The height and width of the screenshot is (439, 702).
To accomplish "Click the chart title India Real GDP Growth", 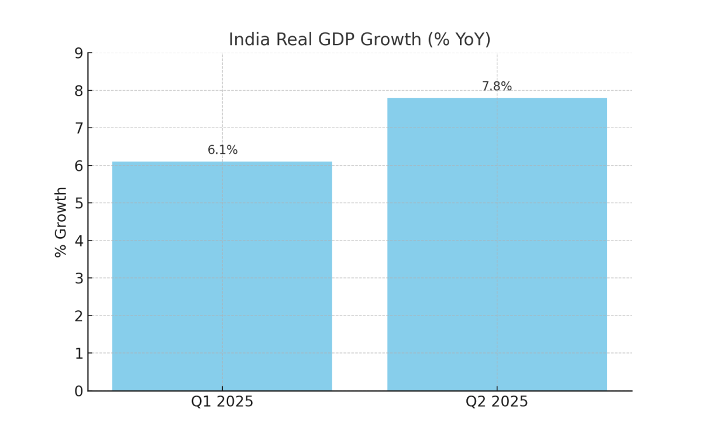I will click(359, 40).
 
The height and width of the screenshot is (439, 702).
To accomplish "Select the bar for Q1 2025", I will click(222, 276).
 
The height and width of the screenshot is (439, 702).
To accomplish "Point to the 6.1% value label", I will click(222, 150).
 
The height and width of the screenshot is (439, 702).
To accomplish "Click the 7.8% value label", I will click(497, 87).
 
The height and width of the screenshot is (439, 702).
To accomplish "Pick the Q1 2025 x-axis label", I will click(222, 402).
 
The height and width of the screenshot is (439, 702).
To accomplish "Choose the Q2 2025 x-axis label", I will click(497, 402).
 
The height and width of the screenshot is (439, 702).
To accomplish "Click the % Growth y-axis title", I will click(61, 222).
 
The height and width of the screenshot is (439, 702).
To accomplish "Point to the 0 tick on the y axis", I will click(79, 391).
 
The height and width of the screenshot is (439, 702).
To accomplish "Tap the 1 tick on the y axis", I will click(79, 354).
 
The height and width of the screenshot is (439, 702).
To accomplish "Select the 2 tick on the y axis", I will click(79, 316).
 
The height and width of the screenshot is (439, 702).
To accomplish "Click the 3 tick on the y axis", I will click(79, 279).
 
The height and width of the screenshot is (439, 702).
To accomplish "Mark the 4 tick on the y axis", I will click(79, 241).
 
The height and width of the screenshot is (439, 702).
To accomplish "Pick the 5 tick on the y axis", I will click(79, 203).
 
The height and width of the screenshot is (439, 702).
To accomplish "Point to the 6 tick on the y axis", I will click(79, 166).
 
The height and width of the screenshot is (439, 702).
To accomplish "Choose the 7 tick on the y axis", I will click(79, 128).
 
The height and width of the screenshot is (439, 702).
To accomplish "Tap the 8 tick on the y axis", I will click(79, 91).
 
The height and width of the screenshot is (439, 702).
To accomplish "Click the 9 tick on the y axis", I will click(79, 53).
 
